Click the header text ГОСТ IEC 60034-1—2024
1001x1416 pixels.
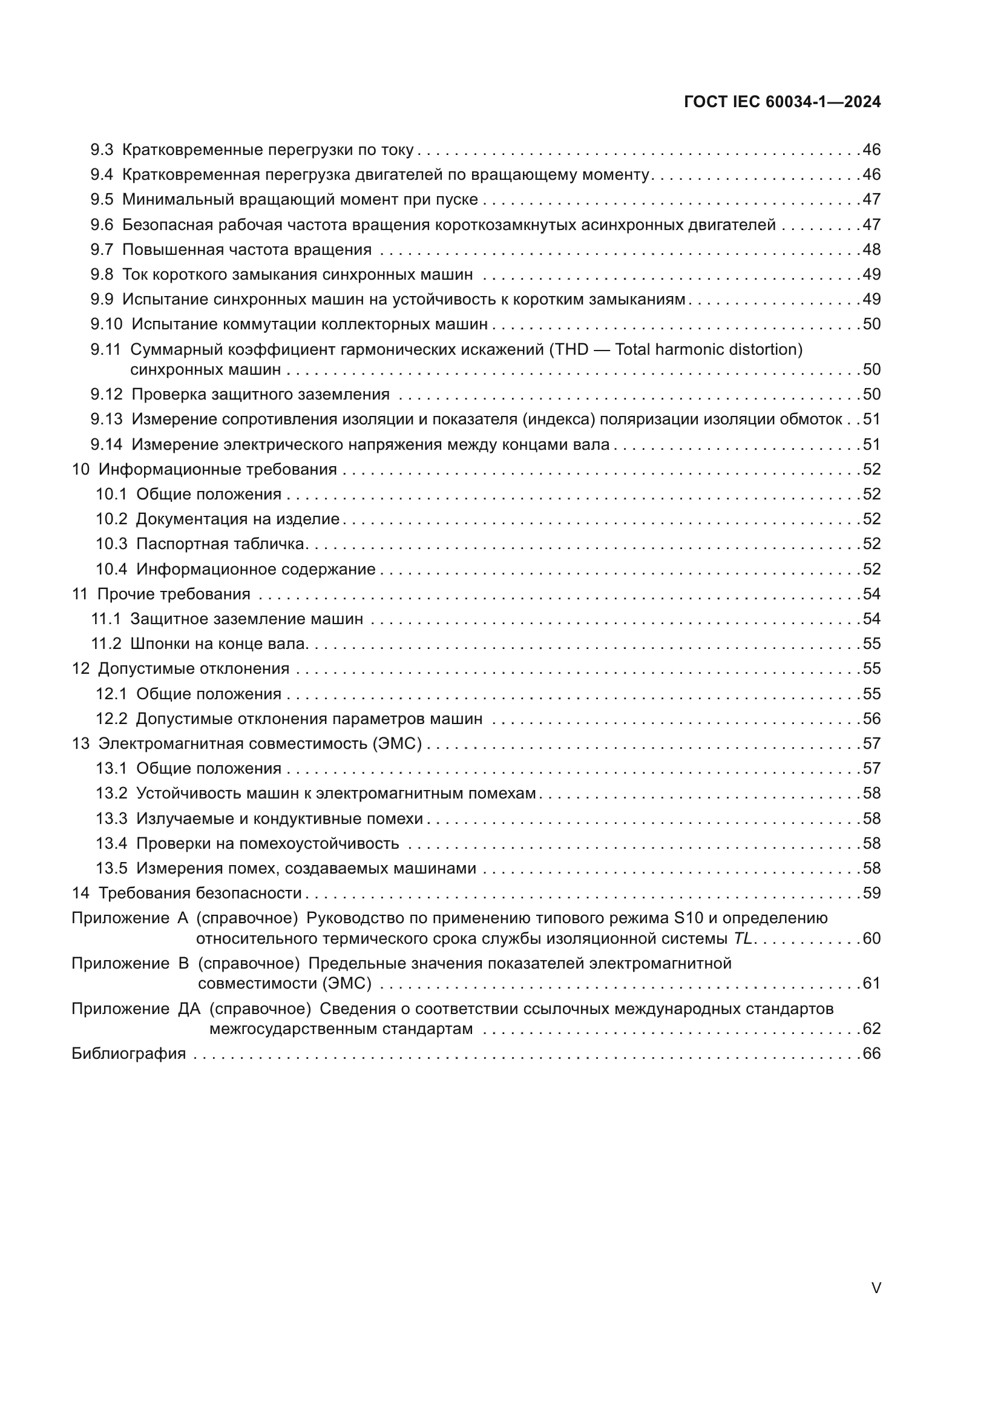pos(781,102)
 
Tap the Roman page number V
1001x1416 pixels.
pos(876,1288)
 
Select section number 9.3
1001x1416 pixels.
pos(102,150)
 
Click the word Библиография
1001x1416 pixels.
pos(128,1053)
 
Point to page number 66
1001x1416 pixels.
pos(871,1053)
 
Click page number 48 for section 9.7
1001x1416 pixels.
pos(871,250)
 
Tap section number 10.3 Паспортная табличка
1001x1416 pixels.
pos(111,544)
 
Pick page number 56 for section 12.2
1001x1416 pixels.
pos(871,719)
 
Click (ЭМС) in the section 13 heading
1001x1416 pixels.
pos(397,744)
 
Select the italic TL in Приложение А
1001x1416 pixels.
pos(743,939)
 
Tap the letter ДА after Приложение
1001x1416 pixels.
pos(189,1009)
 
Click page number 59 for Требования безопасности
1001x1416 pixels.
pos(871,894)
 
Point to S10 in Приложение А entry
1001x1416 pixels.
pos(689,918)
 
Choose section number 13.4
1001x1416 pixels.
pos(111,844)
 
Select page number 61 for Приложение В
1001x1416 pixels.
pos(871,984)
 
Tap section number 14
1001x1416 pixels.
pos(80,894)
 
